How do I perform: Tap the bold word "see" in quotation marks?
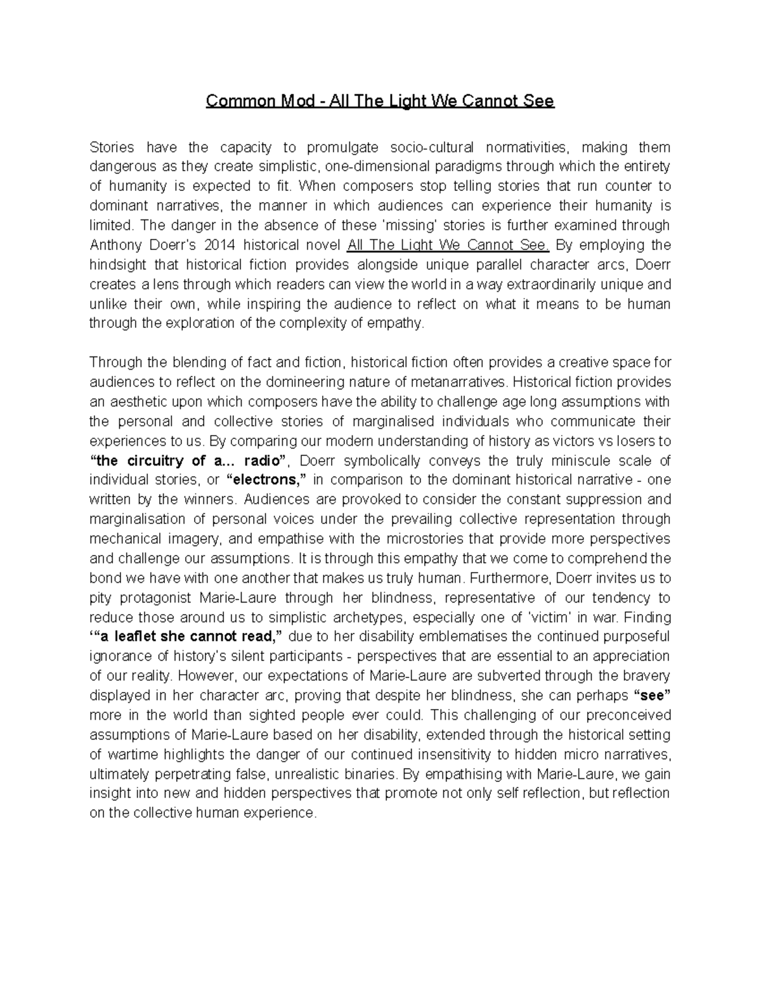point(653,695)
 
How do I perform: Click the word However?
point(206,675)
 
